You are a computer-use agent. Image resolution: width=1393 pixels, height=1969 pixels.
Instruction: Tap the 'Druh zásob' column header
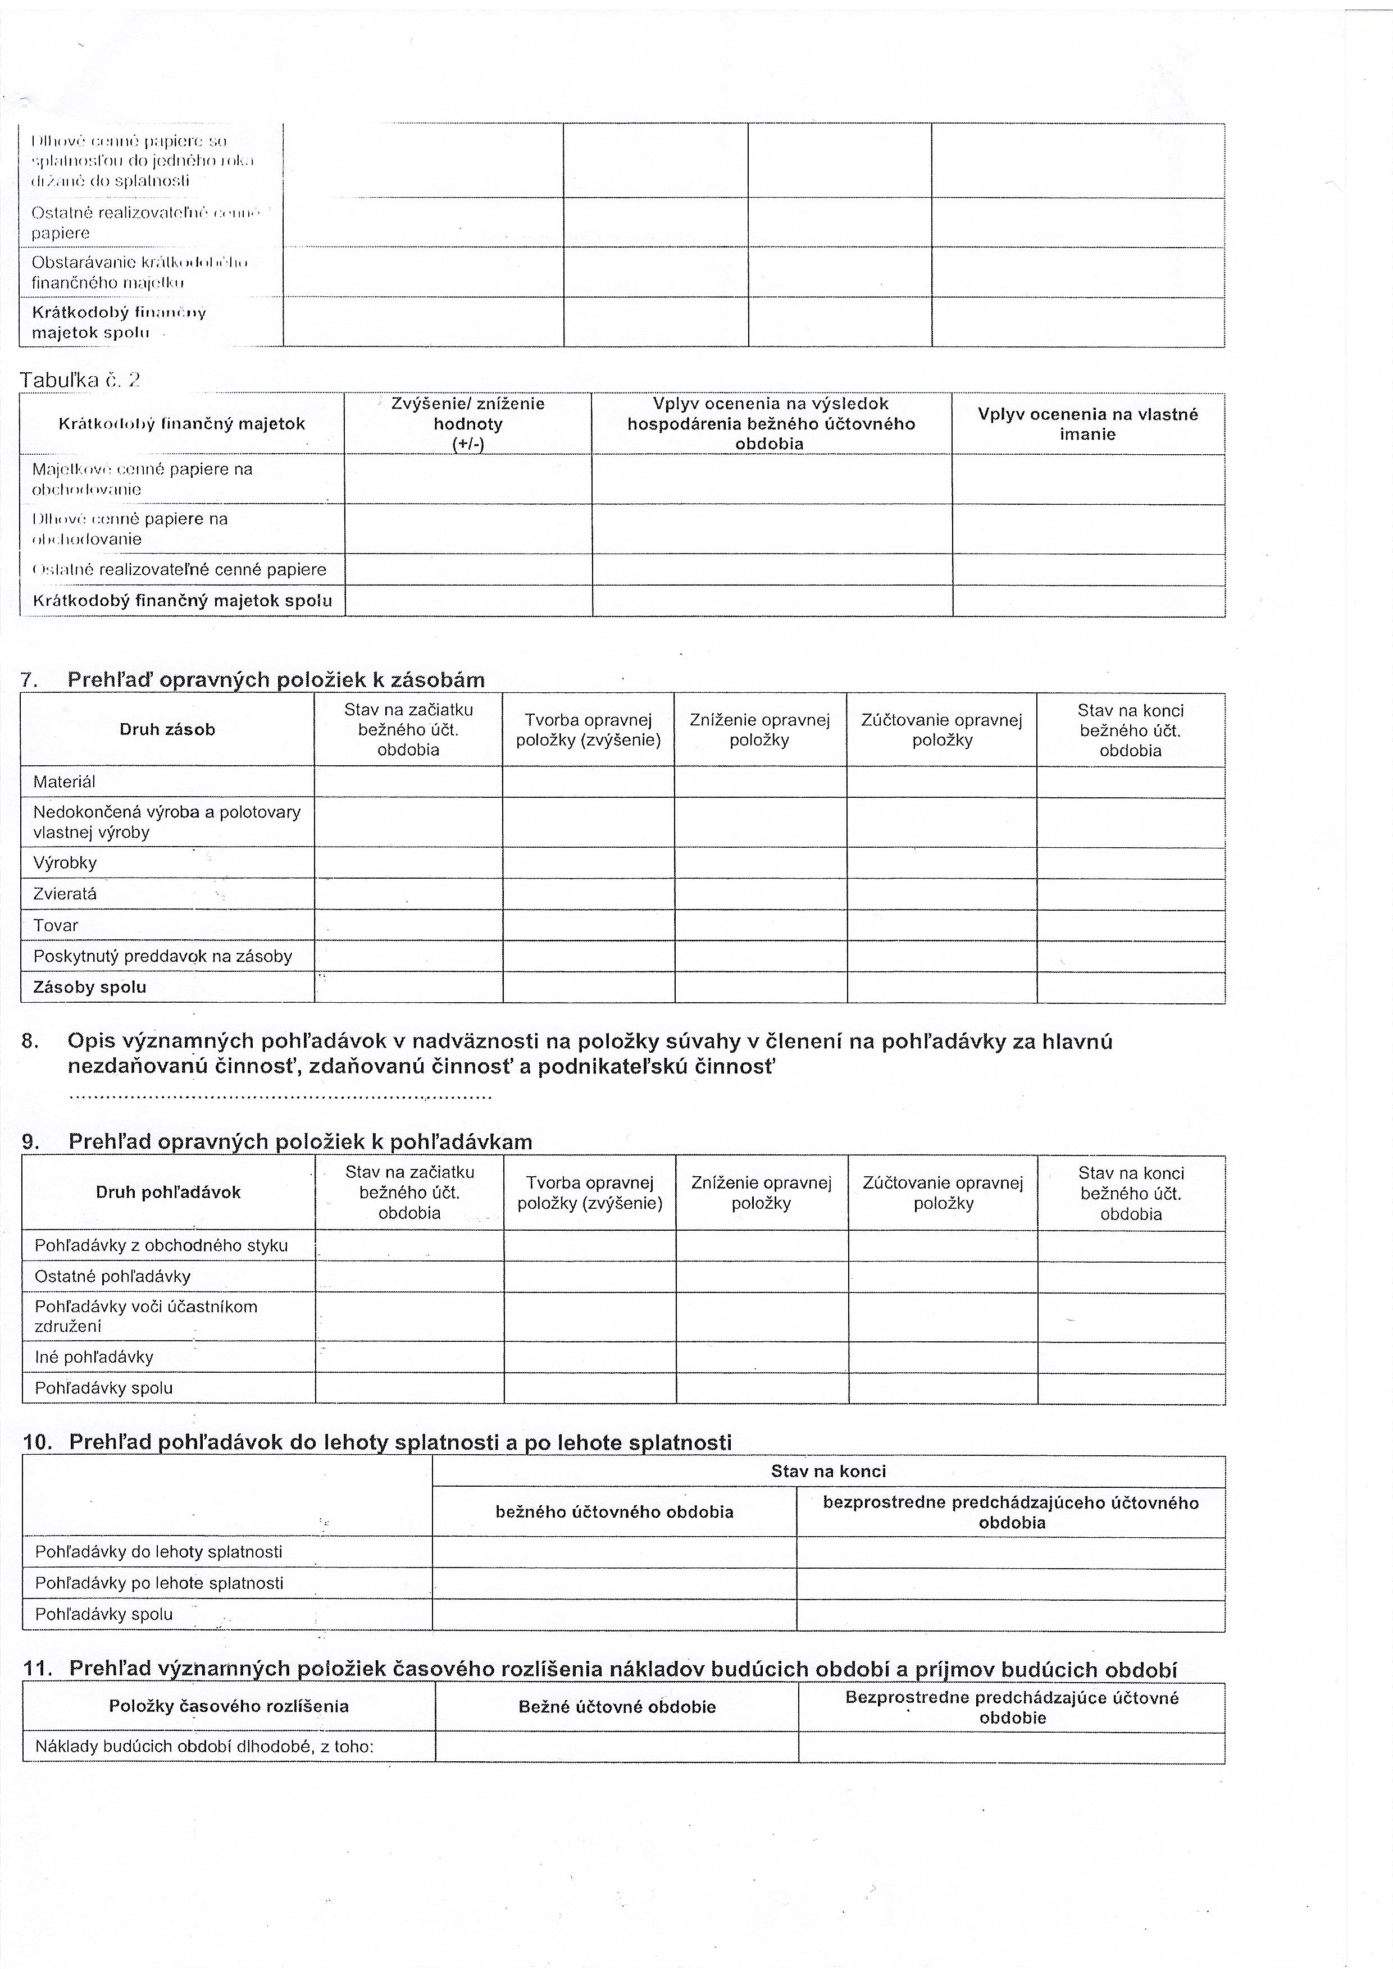167,730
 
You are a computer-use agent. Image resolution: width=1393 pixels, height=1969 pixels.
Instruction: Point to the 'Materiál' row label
65,782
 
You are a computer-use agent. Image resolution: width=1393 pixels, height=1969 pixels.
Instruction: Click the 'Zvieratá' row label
65,894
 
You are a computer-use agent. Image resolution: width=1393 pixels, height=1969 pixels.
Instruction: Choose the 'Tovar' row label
56,925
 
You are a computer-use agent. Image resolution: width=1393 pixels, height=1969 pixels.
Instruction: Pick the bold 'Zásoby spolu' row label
90,987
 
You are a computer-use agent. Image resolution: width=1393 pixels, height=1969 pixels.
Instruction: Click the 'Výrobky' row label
65,863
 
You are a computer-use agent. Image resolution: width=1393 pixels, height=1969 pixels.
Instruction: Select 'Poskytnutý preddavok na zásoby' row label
163,956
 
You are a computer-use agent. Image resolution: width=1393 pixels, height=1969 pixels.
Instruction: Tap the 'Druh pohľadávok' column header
168,1192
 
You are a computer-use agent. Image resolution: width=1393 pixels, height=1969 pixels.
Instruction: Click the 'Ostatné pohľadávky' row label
112,1276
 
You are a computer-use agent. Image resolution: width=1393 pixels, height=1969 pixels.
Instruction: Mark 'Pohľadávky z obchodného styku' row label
161,1245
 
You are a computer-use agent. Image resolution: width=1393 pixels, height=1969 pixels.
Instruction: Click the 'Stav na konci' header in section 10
828,1472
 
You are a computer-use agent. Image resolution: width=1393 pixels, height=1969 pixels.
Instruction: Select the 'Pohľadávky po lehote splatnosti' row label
159,1583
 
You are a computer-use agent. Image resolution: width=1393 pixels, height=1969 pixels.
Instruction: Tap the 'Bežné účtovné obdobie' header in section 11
617,1707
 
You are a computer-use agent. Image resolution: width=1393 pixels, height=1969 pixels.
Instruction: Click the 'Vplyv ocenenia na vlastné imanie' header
1087,424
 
